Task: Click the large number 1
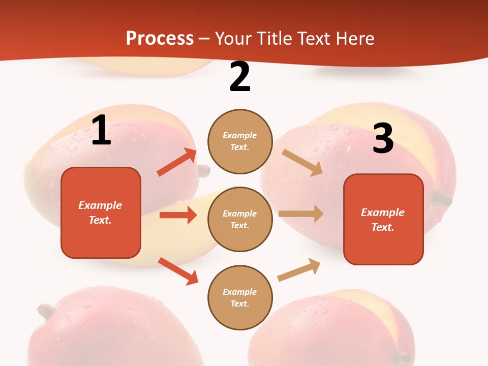click(x=101, y=131)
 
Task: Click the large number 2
click(x=240, y=77)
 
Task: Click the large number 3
click(x=383, y=138)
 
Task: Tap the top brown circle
click(x=240, y=141)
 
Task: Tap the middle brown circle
click(x=240, y=220)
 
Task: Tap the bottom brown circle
click(x=240, y=298)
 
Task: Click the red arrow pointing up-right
click(x=177, y=162)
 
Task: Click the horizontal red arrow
click(x=178, y=215)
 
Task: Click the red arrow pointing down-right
click(x=178, y=271)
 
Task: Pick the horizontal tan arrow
click(x=301, y=214)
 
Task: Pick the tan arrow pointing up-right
click(x=299, y=269)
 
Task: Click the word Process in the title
click(x=160, y=38)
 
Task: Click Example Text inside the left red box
click(x=100, y=212)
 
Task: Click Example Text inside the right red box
click(x=383, y=220)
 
